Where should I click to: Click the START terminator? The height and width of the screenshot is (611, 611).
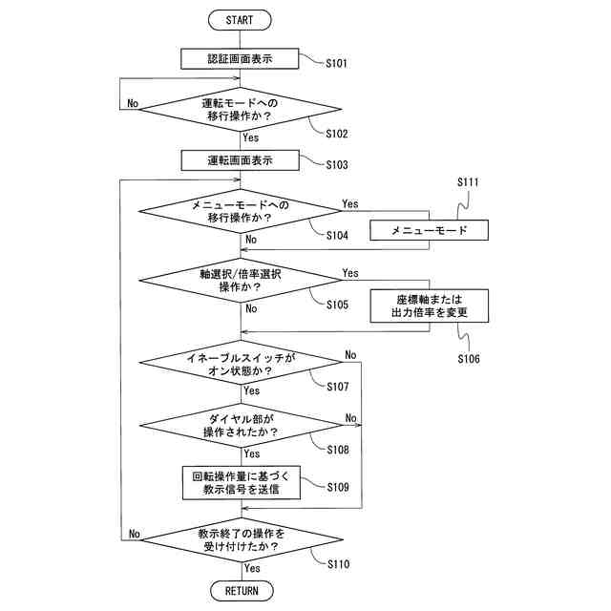pyautogui.click(x=240, y=20)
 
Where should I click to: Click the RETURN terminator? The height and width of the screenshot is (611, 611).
pyautogui.click(x=242, y=591)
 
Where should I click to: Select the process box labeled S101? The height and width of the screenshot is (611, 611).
pyautogui.click(x=240, y=59)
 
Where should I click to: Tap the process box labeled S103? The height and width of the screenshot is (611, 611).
pyautogui.click(x=240, y=160)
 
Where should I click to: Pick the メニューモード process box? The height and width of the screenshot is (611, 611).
pyautogui.click(x=429, y=230)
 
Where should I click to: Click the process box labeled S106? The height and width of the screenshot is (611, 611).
pyautogui.click(x=429, y=305)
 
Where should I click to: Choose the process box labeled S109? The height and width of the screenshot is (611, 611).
pyautogui.click(x=242, y=482)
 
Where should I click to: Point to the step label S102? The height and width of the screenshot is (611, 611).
pyautogui.click(x=337, y=134)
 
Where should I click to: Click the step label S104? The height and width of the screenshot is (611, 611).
pyautogui.click(x=337, y=236)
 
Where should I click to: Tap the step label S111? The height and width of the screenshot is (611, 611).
pyautogui.click(x=468, y=182)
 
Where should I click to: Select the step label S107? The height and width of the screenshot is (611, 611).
pyautogui.click(x=337, y=387)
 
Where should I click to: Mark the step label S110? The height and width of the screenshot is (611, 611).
pyautogui.click(x=338, y=564)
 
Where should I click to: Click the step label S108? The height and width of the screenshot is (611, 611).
pyautogui.click(x=338, y=450)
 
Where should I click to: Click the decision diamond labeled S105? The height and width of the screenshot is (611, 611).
pyautogui.click(x=241, y=280)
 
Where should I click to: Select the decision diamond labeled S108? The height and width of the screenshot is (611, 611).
pyautogui.click(x=242, y=425)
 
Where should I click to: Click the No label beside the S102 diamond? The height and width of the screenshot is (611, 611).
pyautogui.click(x=133, y=103)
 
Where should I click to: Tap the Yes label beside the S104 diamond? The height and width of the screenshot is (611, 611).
pyautogui.click(x=350, y=203)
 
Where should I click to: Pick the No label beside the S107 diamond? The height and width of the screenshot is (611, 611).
pyautogui.click(x=350, y=354)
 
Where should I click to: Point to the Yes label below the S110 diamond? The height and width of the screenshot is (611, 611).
pyautogui.click(x=252, y=568)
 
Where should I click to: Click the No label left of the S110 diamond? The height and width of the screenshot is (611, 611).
pyautogui.click(x=134, y=534)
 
